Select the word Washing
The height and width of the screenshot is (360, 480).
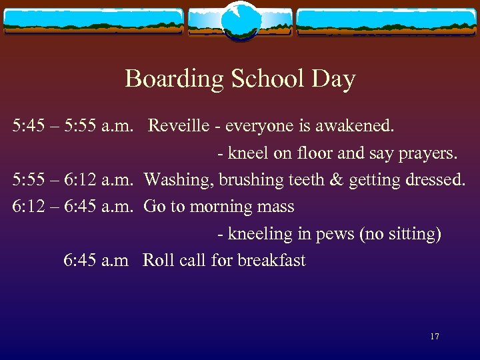[x=174, y=180]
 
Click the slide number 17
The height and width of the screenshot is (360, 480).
[x=434, y=337]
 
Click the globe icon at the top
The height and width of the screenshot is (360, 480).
[x=240, y=21]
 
